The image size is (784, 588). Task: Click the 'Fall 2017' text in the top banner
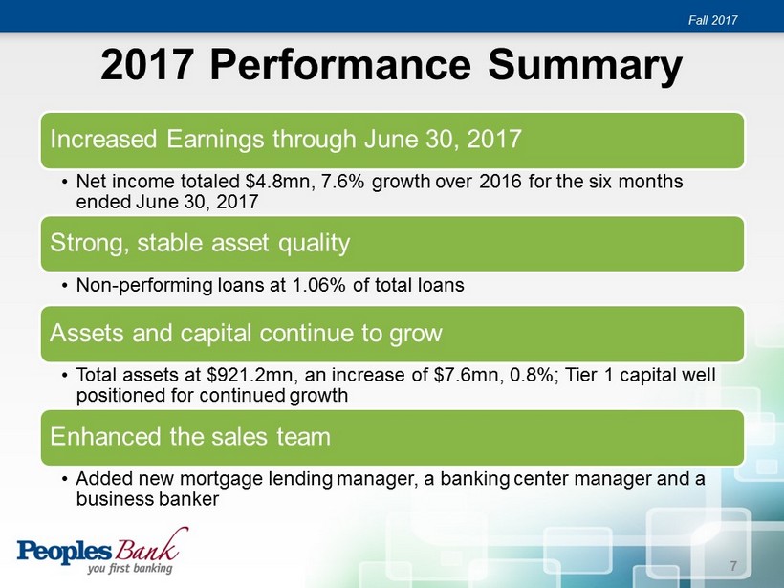[712, 20]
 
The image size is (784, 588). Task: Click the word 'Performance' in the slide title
[340, 64]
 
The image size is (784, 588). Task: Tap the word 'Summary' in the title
[585, 67]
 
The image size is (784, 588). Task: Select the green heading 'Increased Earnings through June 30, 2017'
[286, 139]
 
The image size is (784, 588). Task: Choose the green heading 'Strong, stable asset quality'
[200, 244]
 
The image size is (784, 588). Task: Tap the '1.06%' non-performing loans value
[318, 285]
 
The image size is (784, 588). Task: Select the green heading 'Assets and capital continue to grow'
[246, 333]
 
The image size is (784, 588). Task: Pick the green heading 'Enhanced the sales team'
[190, 437]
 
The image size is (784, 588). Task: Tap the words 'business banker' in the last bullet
[147, 499]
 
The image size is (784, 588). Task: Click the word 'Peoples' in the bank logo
[64, 552]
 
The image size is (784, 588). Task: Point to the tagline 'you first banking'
[130, 569]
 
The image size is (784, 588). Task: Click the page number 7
[733, 566]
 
